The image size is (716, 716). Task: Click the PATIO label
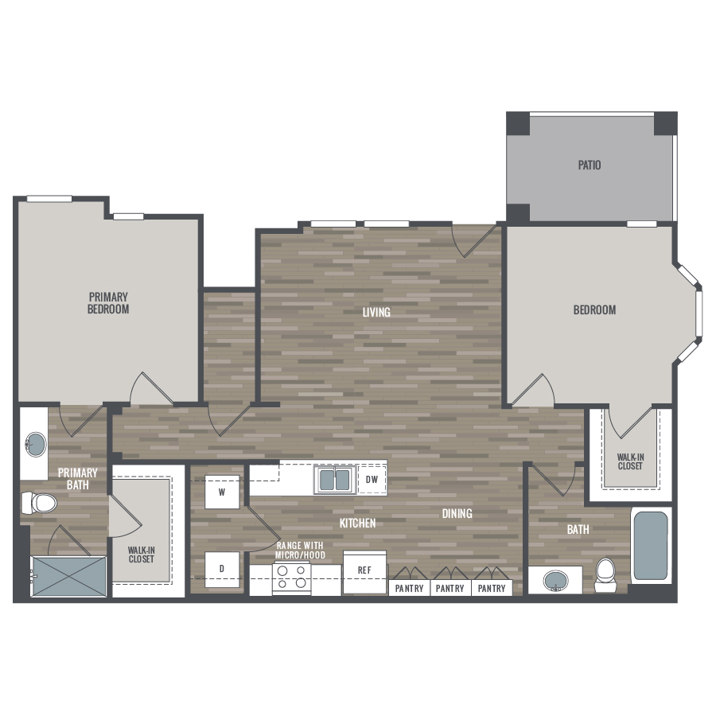(x=589, y=165)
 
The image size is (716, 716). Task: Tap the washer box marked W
(x=222, y=492)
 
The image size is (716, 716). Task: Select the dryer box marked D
(x=222, y=569)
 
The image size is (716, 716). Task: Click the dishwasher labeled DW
(x=372, y=480)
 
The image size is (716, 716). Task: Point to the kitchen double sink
(x=335, y=480)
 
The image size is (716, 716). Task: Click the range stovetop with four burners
(x=292, y=577)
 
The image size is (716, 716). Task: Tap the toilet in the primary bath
(x=39, y=503)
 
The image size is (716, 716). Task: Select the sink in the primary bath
(x=36, y=444)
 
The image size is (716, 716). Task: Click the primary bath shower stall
(x=68, y=576)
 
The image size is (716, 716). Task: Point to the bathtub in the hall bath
(x=651, y=545)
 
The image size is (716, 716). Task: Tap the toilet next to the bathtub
(x=605, y=575)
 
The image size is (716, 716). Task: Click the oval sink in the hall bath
(x=556, y=581)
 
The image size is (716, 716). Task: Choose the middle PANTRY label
(x=449, y=588)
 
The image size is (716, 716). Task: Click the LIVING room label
(x=376, y=312)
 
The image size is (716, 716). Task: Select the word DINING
(x=457, y=514)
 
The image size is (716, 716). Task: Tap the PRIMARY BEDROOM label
(x=108, y=303)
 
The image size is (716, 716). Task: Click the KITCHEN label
(x=357, y=523)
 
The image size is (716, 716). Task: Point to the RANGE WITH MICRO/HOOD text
(x=300, y=551)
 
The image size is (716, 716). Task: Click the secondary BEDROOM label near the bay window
(x=594, y=310)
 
